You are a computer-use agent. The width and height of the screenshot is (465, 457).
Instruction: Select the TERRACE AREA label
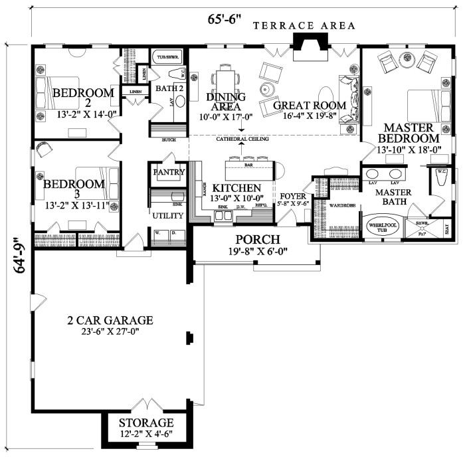point(305,26)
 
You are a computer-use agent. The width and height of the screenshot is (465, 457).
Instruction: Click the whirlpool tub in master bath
point(381,226)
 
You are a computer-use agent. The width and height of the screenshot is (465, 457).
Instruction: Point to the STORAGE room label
point(146,423)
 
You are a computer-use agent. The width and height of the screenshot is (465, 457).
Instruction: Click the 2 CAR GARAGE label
point(110,320)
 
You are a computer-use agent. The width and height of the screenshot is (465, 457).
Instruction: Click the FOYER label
point(292,196)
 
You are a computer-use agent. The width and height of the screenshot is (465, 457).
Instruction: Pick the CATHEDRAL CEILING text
point(242,139)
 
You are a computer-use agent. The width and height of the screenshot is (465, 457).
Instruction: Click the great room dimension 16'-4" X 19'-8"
point(310,116)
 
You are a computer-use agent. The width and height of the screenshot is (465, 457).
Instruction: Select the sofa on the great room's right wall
point(348,100)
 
